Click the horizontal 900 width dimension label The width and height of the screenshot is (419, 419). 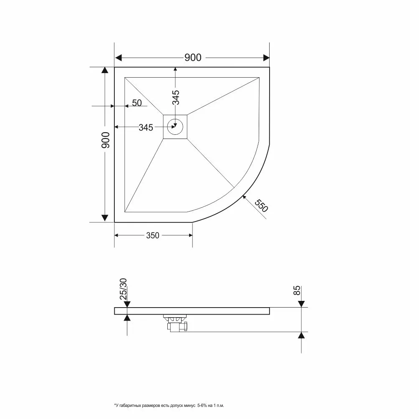tap(192, 58)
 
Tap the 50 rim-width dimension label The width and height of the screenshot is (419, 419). tap(137, 103)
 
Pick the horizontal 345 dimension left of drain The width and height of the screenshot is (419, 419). tap(146, 128)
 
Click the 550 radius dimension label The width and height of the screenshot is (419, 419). tap(260, 206)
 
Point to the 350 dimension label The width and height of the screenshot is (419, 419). tap(153, 235)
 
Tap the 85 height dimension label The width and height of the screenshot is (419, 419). tap(298, 291)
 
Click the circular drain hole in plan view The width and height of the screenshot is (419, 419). tap(175, 125)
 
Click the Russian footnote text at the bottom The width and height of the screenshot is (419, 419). tap(169, 405)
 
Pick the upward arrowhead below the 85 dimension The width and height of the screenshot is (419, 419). tap(301, 336)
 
